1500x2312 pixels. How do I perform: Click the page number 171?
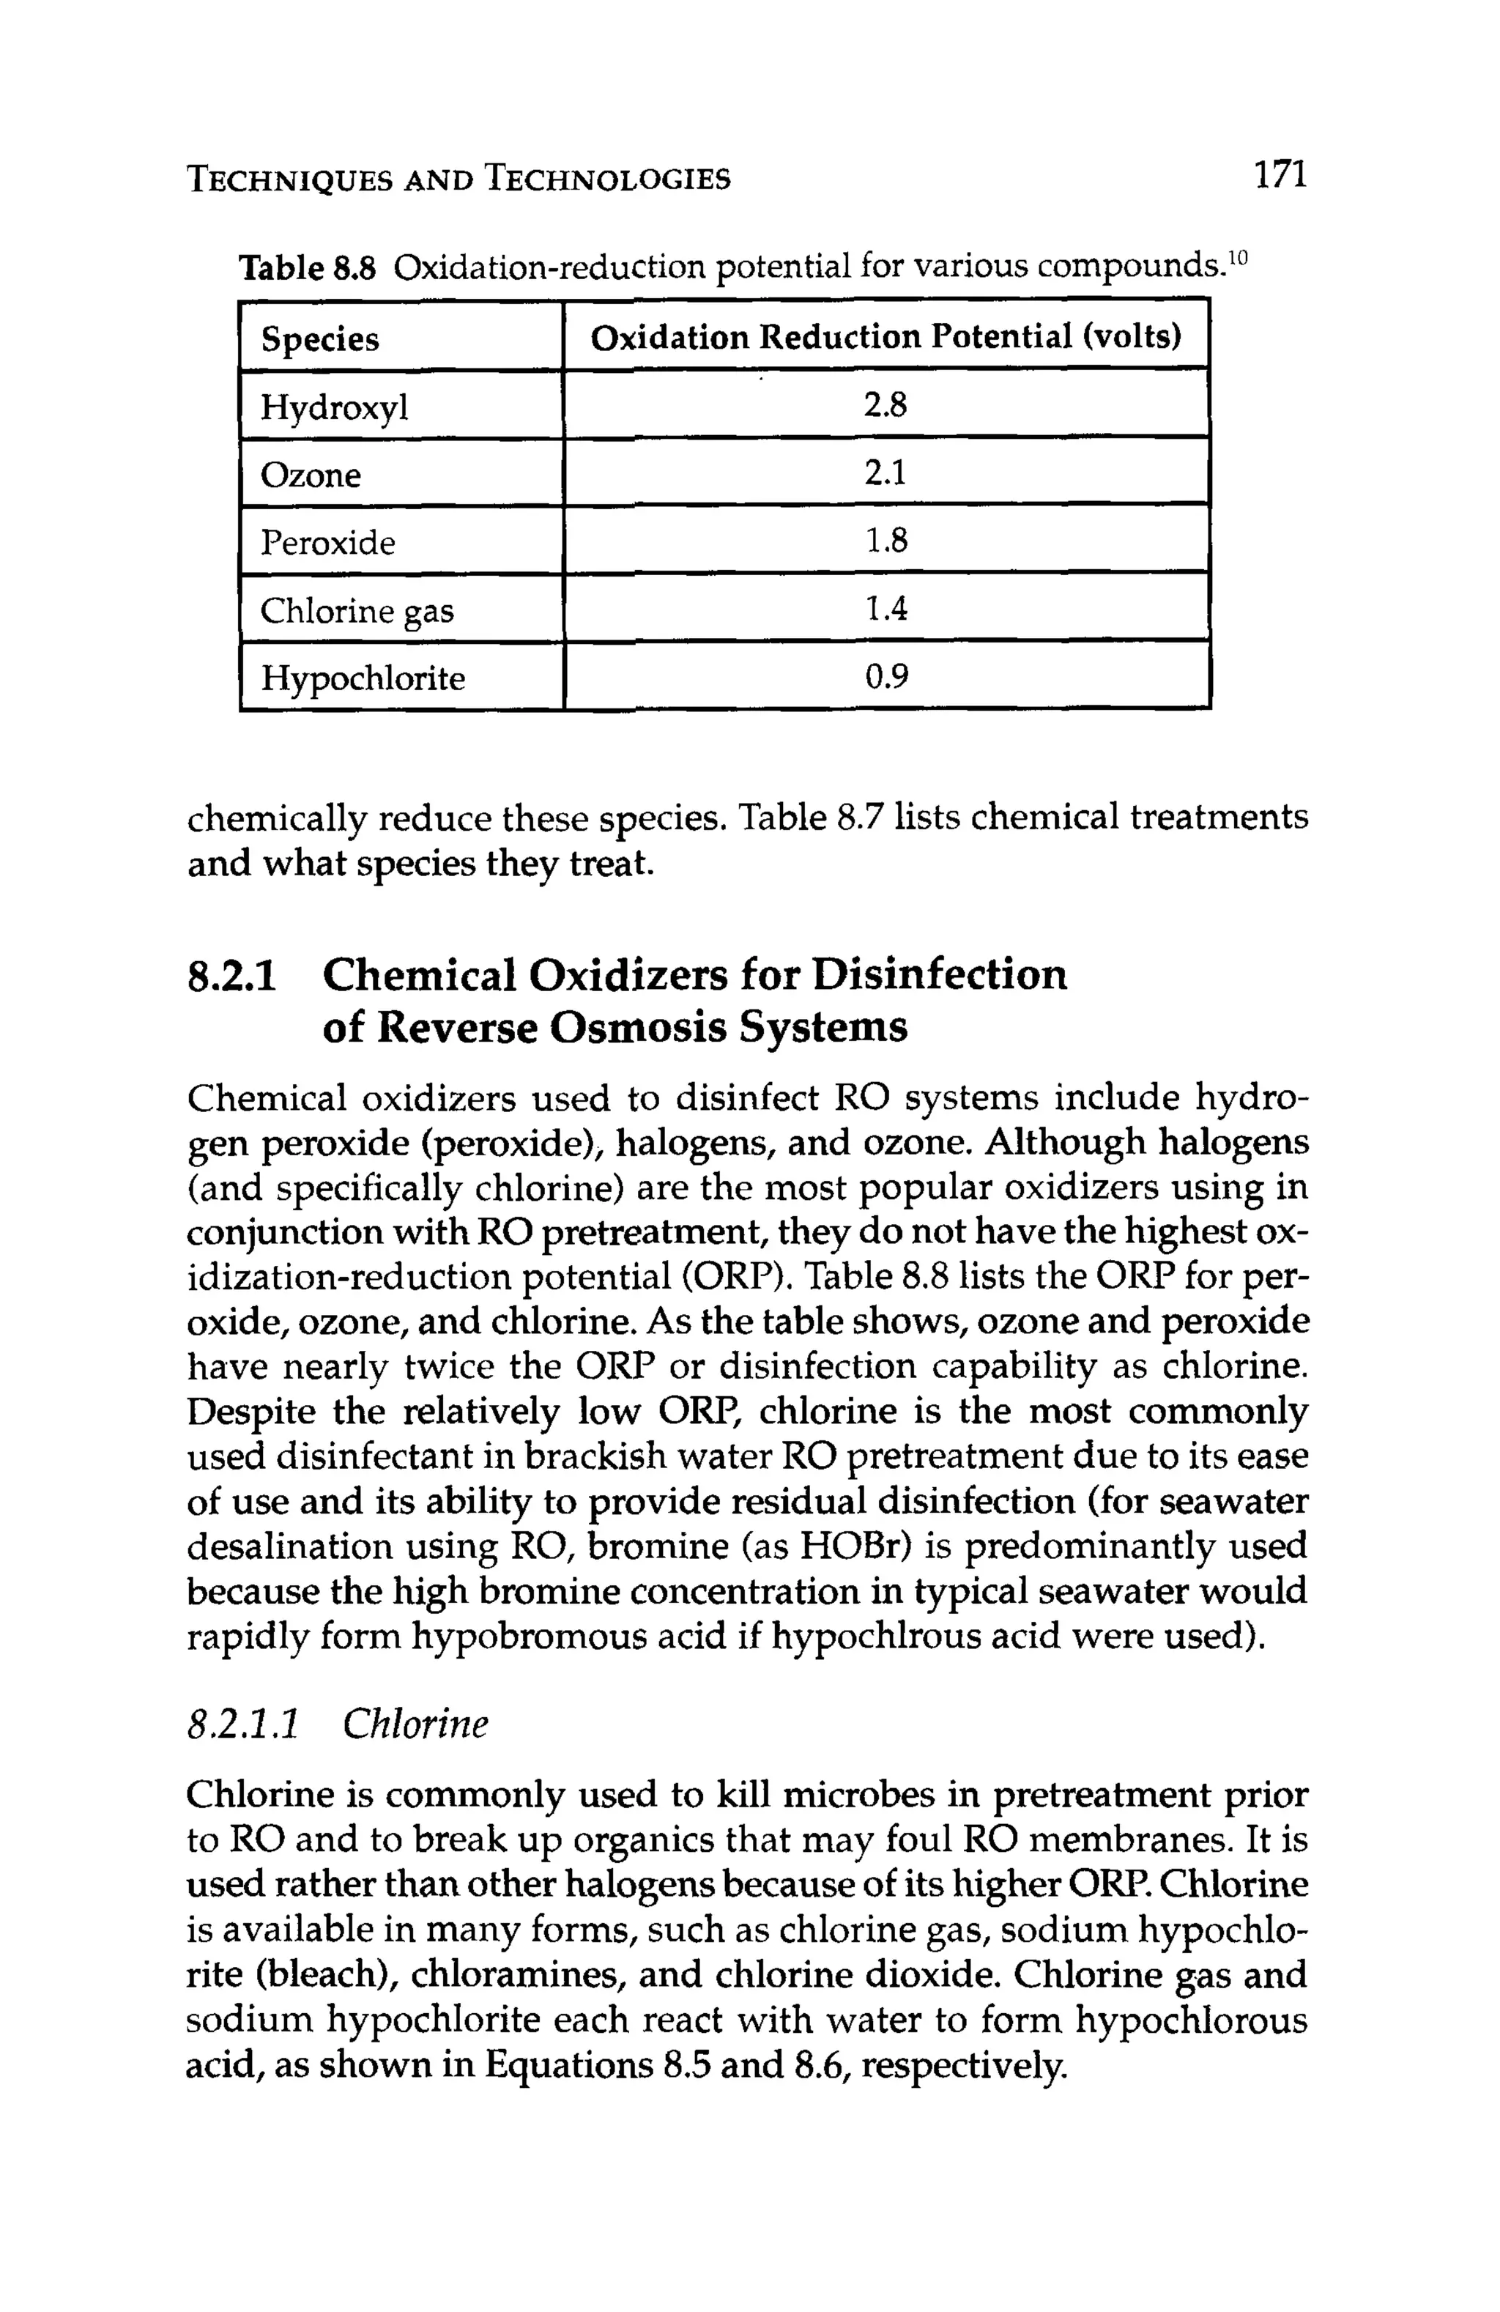click(x=1280, y=176)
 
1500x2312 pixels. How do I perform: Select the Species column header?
click(x=319, y=339)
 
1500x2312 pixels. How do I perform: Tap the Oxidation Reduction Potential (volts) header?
click(x=885, y=337)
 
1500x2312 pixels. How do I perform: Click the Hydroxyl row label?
click(x=334, y=407)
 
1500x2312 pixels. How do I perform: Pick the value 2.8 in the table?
click(x=885, y=405)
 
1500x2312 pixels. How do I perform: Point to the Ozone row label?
click(x=310, y=475)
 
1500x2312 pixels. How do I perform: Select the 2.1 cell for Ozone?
click(x=885, y=473)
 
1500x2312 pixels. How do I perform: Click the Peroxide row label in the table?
click(x=327, y=542)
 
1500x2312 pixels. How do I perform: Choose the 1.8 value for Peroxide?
click(x=885, y=540)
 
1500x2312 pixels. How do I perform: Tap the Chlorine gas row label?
click(x=357, y=611)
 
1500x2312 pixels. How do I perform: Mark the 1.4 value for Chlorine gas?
click(x=885, y=609)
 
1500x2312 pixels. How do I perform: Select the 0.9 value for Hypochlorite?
click(x=885, y=676)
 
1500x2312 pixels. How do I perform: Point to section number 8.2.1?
click(x=232, y=975)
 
